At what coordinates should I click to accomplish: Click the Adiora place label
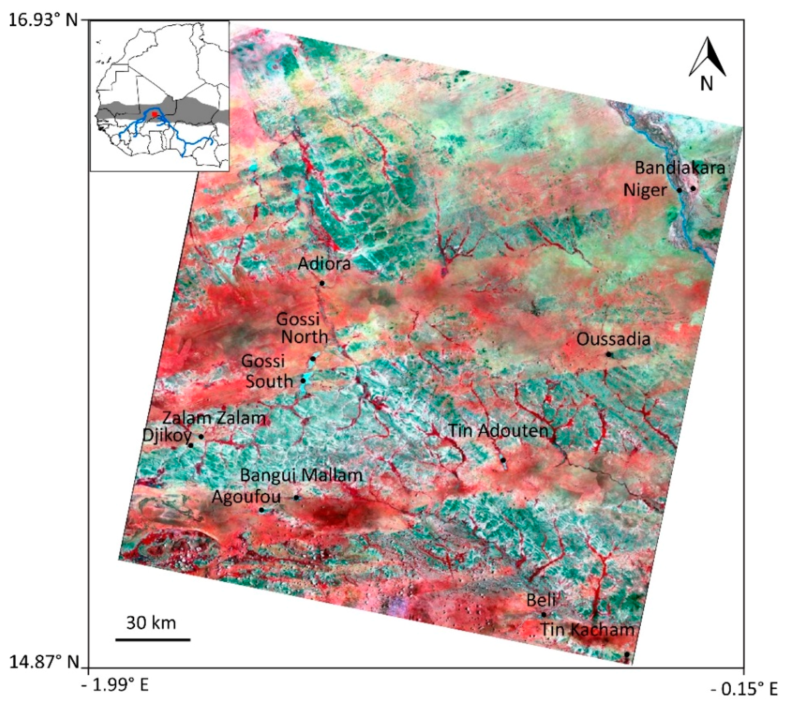(324, 264)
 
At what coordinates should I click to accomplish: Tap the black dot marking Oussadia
(609, 354)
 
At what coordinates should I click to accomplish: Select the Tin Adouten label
(498, 431)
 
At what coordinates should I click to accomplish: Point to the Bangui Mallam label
(301, 475)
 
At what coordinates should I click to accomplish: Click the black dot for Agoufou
(261, 510)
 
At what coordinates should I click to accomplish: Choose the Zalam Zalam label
(214, 418)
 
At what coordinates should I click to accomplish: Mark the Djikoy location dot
(191, 445)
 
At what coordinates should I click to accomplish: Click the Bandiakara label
(680, 168)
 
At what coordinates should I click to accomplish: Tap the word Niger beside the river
(645, 190)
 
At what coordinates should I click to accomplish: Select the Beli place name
(541, 600)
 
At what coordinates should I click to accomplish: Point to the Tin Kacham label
(587, 629)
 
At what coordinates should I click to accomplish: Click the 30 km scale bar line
(153, 639)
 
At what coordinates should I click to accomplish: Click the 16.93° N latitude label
(43, 19)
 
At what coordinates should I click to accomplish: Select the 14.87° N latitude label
(44, 661)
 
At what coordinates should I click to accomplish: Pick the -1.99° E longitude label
(115, 684)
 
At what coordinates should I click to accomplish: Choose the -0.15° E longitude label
(744, 689)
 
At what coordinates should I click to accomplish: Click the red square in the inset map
(154, 114)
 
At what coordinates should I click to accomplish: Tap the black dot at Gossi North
(313, 359)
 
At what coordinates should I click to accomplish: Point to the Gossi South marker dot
(303, 381)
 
